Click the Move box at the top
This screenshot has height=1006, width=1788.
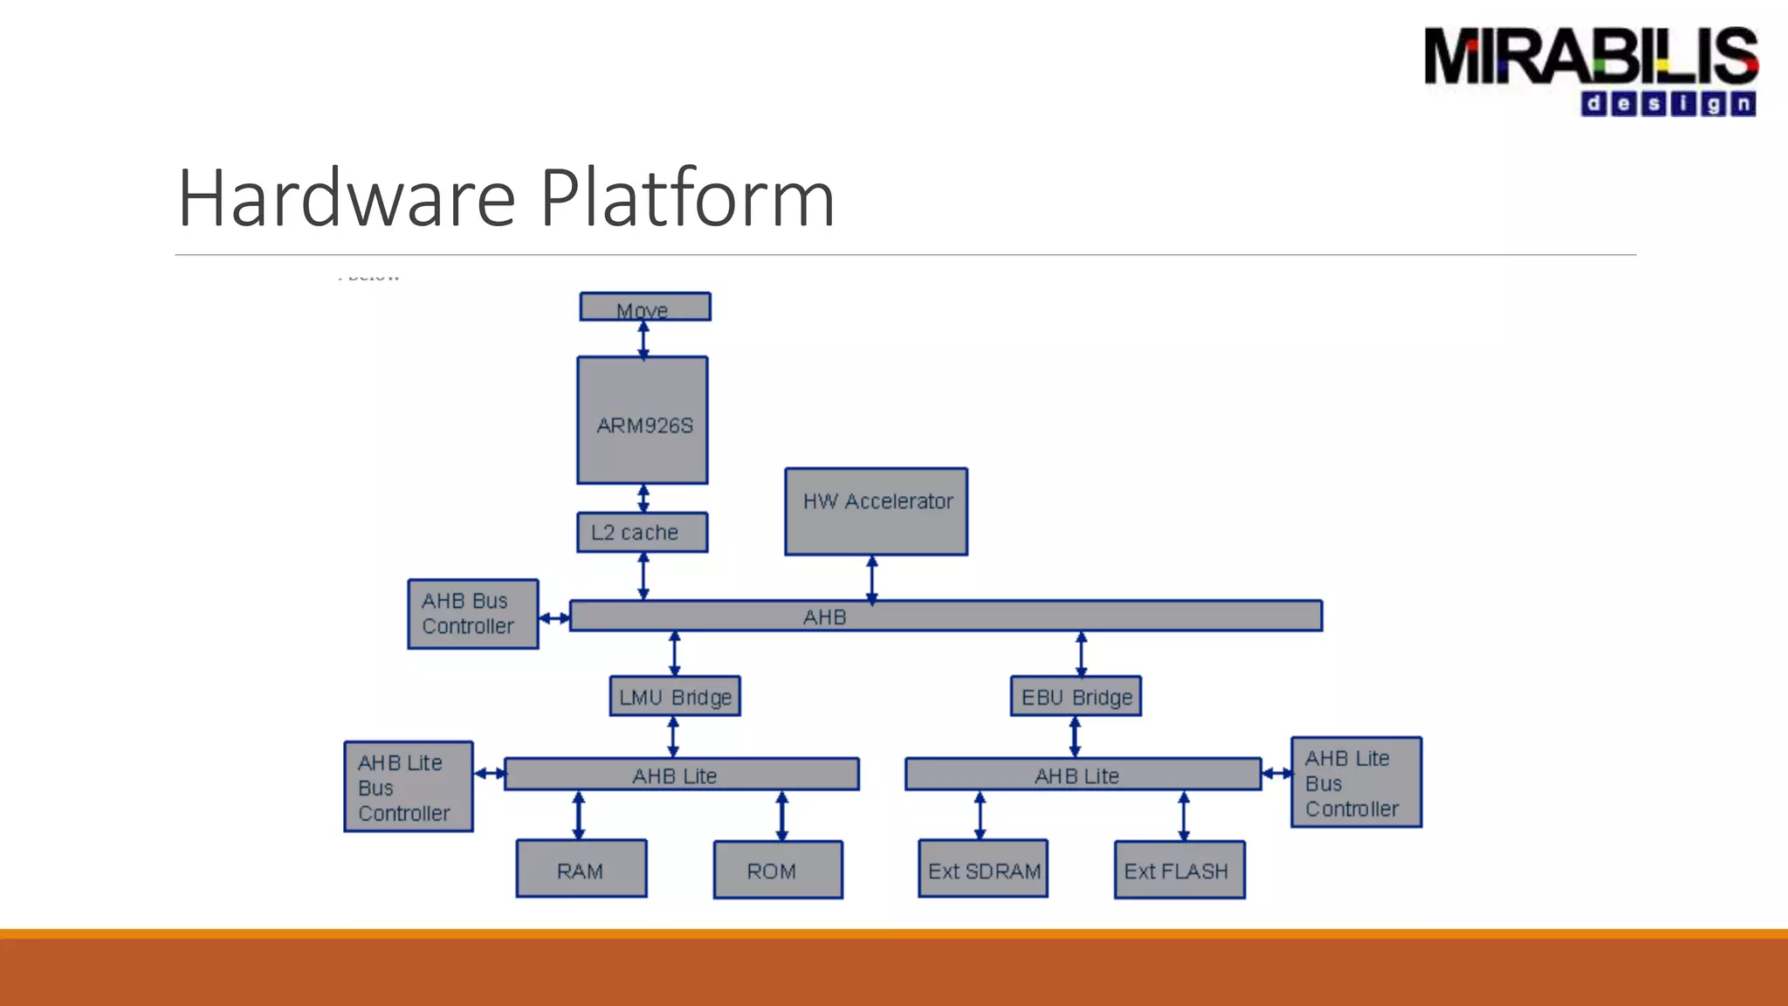pyautogui.click(x=645, y=307)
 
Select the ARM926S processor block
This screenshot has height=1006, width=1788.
pyautogui.click(x=643, y=420)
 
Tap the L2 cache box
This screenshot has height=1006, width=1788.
pyautogui.click(x=643, y=532)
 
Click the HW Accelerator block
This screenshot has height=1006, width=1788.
pyautogui.click(x=876, y=512)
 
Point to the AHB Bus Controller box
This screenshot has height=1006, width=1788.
pyautogui.click(x=472, y=614)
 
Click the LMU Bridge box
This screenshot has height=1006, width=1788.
pyautogui.click(x=675, y=697)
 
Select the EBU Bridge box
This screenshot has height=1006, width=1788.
pyautogui.click(x=1076, y=697)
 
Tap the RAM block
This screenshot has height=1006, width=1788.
pyautogui.click(x=581, y=869)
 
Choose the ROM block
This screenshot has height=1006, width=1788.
pyautogui.click(x=778, y=870)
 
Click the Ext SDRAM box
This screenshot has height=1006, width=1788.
pyautogui.click(x=983, y=869)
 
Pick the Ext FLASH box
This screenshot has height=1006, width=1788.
pyautogui.click(x=1179, y=870)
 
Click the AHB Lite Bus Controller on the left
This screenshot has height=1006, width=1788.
pyautogui.click(x=409, y=787)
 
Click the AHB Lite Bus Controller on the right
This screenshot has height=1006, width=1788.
pyautogui.click(x=1356, y=782)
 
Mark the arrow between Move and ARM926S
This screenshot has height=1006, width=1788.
pyautogui.click(x=643, y=340)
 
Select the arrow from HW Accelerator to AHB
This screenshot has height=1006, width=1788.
pyautogui.click(x=872, y=579)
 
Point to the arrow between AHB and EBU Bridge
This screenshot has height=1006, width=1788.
pyautogui.click(x=1082, y=654)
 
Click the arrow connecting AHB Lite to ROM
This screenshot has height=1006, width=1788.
pyautogui.click(x=782, y=816)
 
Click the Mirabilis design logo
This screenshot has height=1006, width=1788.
pyautogui.click(x=1591, y=71)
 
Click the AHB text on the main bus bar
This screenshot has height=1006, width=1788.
pyautogui.click(x=825, y=617)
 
